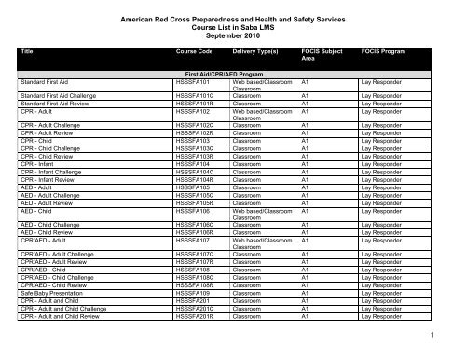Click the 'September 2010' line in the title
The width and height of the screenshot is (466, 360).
pos(233,40)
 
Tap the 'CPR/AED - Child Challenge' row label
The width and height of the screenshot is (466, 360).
pos(60,277)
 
